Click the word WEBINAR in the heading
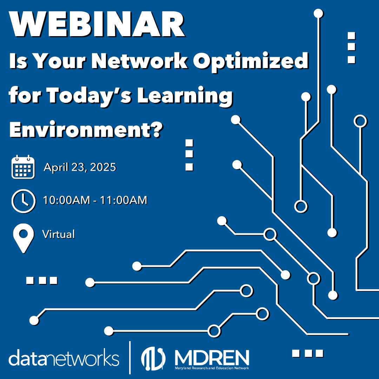click(x=97, y=24)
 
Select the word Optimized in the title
click(x=251, y=62)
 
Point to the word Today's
click(x=89, y=96)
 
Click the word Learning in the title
click(x=185, y=96)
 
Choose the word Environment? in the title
click(x=86, y=129)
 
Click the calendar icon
click(x=23, y=167)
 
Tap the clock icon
click(x=24, y=201)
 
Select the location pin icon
click(x=24, y=238)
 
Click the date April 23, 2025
click(x=80, y=167)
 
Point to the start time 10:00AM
click(x=66, y=200)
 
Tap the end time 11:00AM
click(x=123, y=200)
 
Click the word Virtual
click(x=58, y=234)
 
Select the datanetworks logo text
click(x=64, y=358)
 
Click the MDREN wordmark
click(x=212, y=358)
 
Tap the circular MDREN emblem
click(x=153, y=359)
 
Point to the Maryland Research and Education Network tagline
click(x=212, y=368)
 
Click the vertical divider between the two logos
click(x=130, y=358)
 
